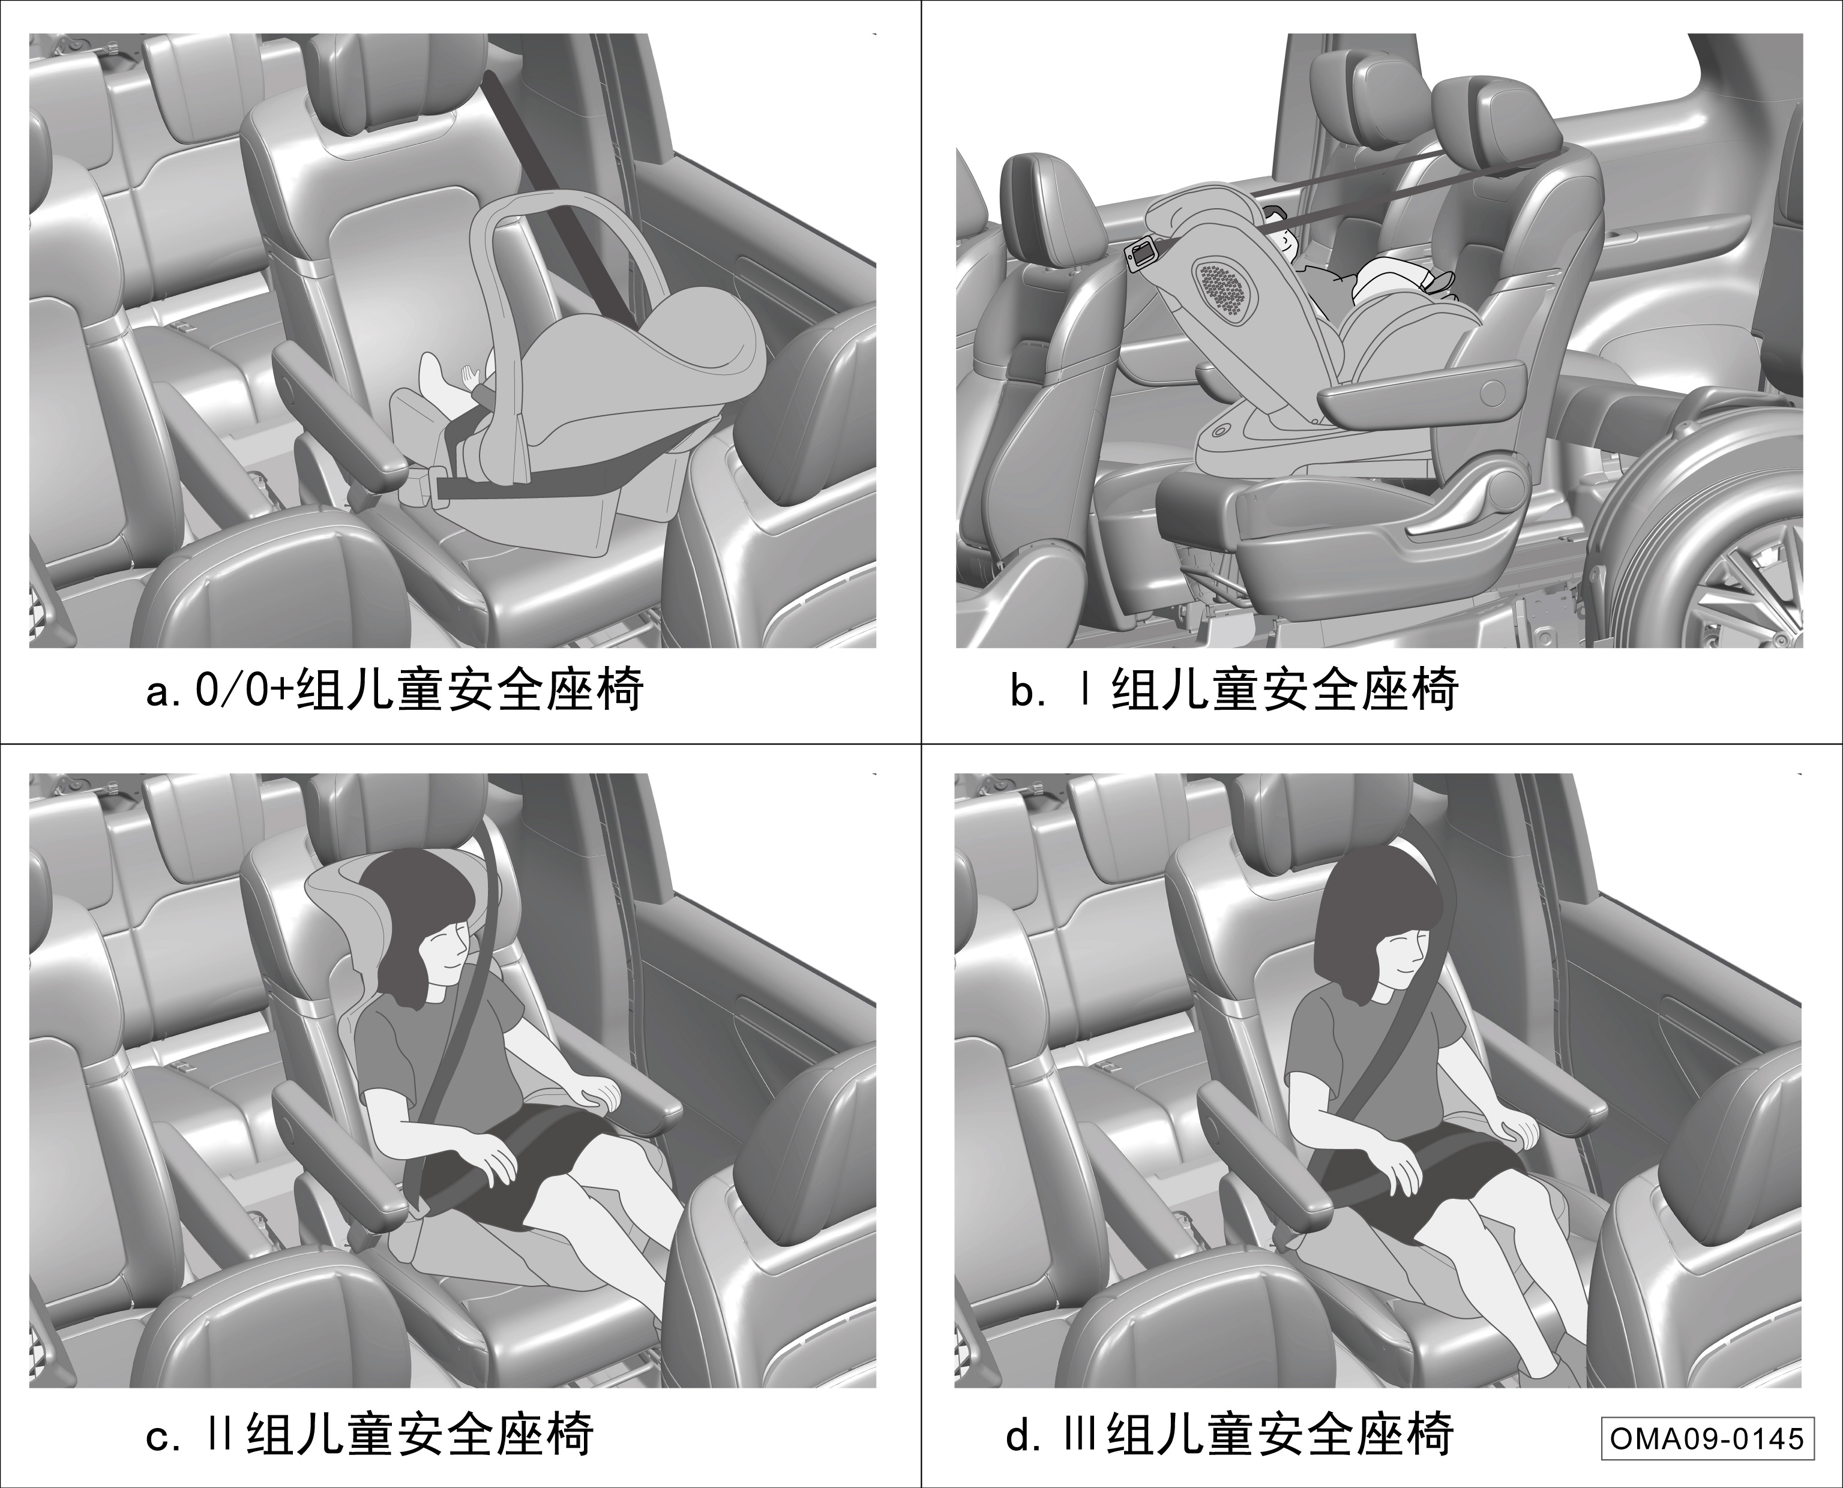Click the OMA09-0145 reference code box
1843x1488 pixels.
pos(1707,1438)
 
